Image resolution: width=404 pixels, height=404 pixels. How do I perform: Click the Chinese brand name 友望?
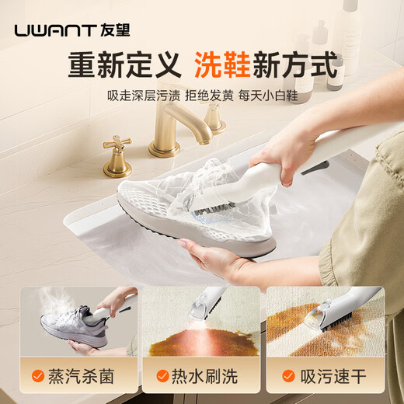click(x=117, y=31)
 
